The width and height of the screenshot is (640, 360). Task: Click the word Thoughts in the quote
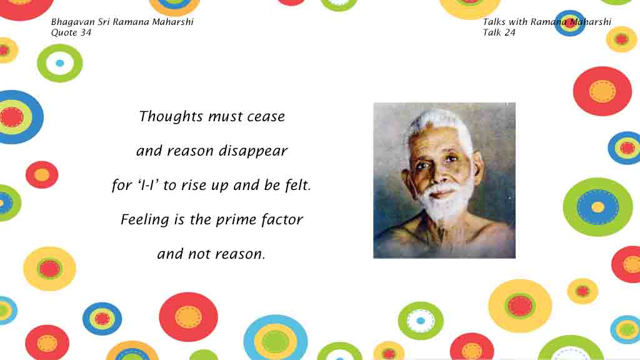pos(171,117)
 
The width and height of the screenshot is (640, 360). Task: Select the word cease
pos(266,117)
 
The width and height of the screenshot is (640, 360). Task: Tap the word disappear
pos(253,151)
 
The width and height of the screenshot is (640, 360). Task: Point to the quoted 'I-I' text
pos(148,185)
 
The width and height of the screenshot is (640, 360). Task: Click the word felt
pos(298,185)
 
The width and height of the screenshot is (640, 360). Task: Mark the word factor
pos(282,219)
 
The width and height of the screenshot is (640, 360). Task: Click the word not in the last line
pos(198,254)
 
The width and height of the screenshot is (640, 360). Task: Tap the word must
pos(225,117)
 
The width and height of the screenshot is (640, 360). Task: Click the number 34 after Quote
pos(86,32)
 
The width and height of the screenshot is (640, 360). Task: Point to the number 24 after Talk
pos(510,32)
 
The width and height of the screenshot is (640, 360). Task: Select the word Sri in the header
pos(103,22)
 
